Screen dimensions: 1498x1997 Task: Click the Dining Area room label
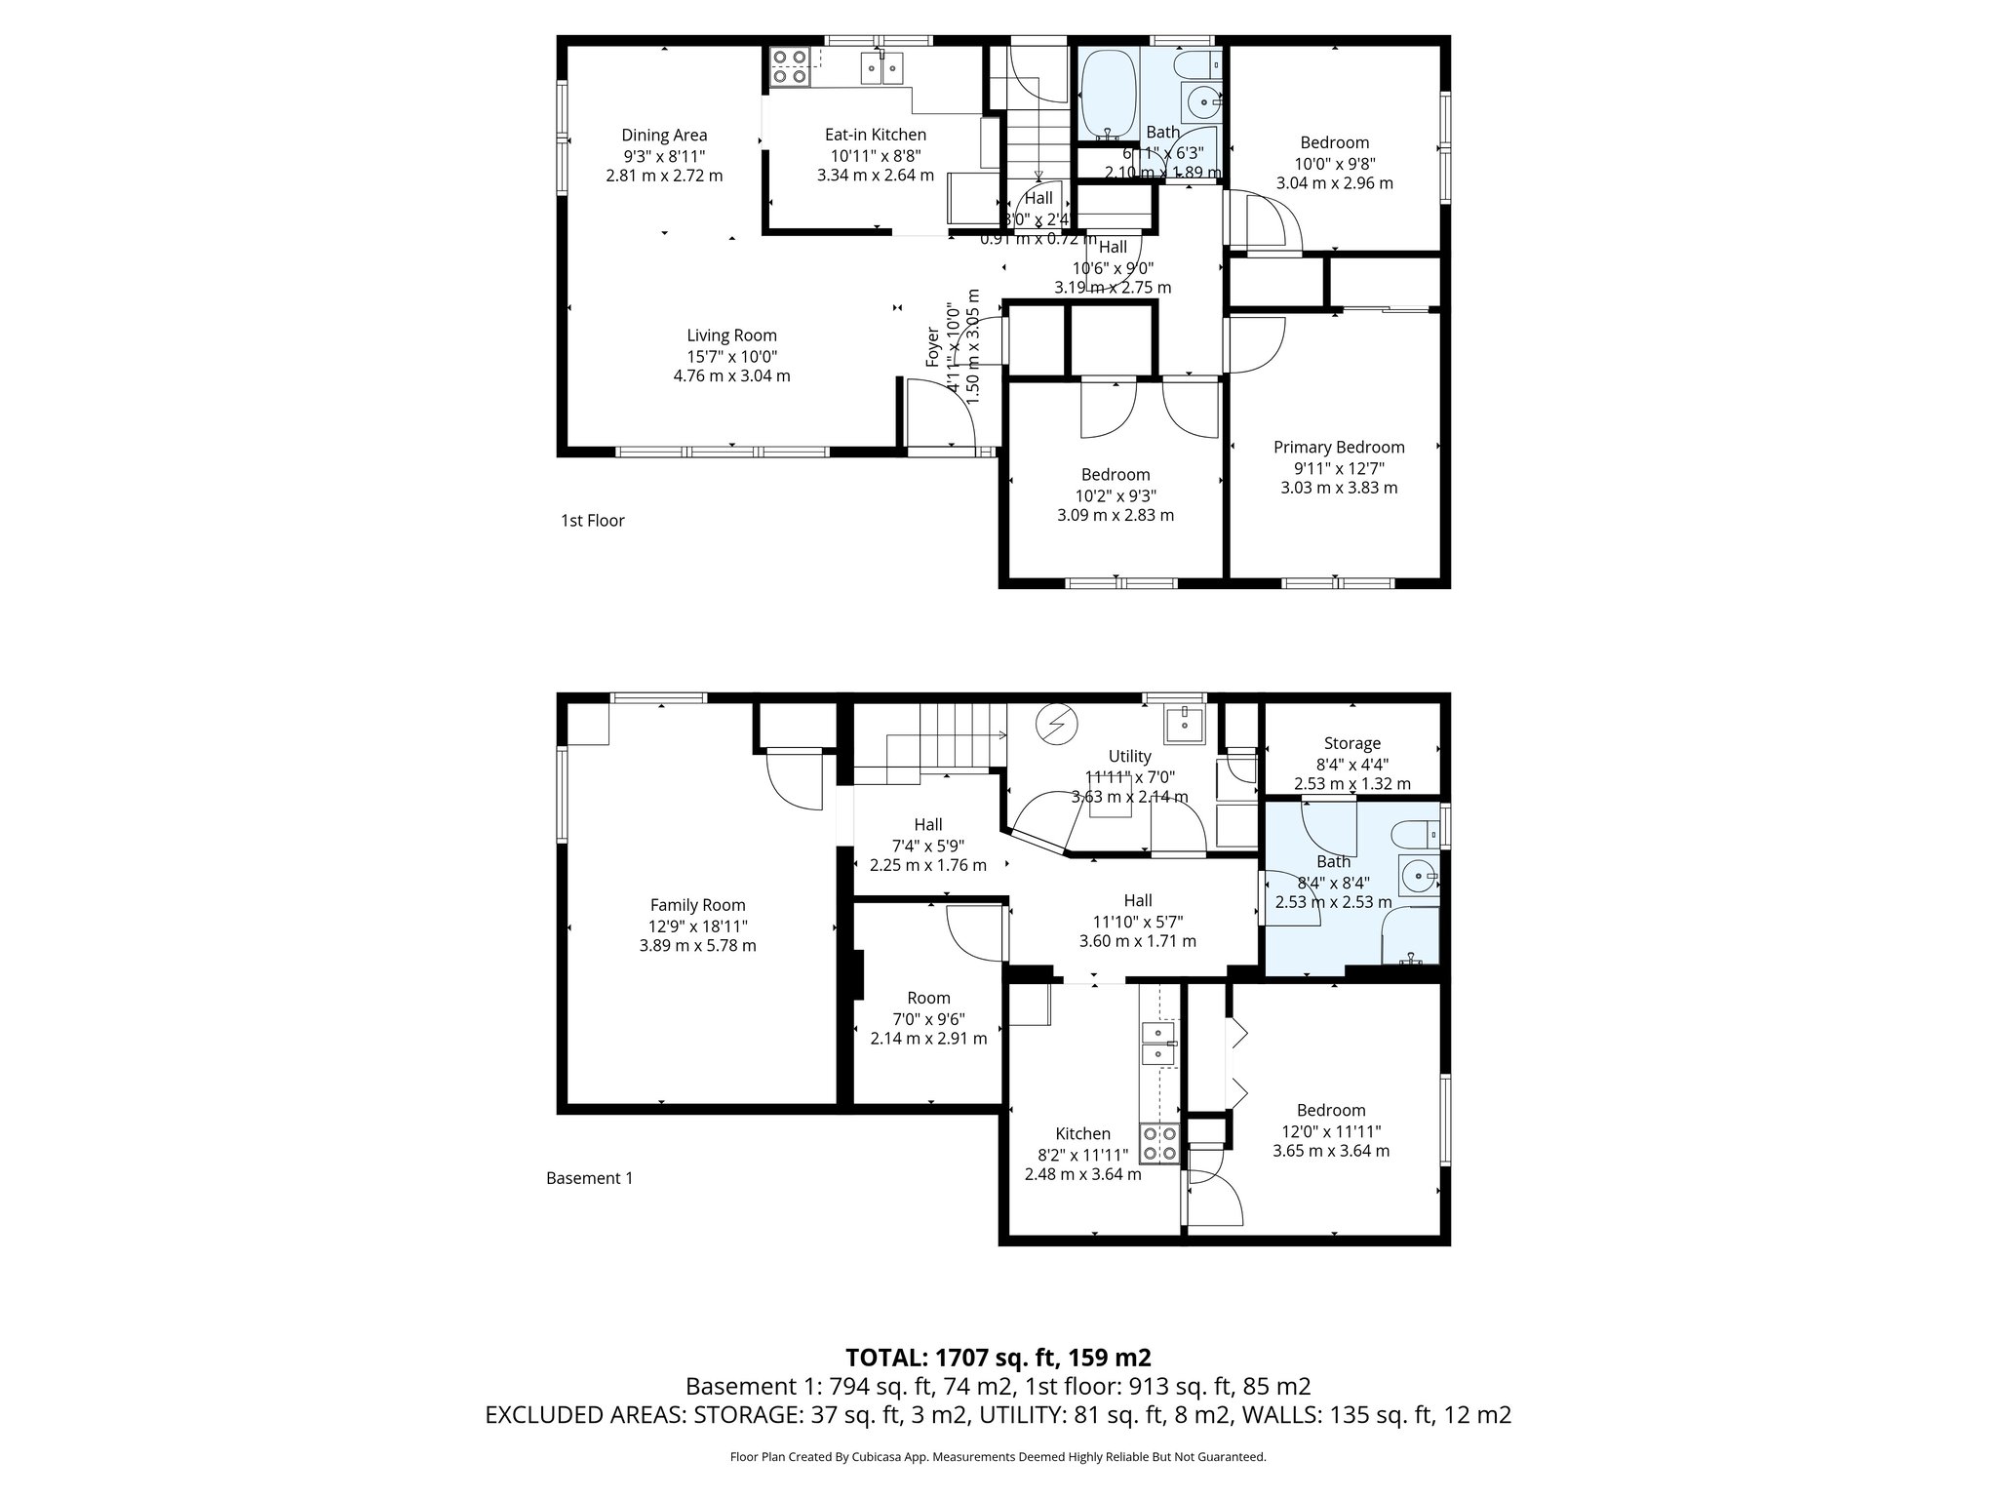[x=664, y=136]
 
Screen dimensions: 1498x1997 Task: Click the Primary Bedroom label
[x=1339, y=447]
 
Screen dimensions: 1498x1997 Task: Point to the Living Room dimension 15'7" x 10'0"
[x=731, y=356]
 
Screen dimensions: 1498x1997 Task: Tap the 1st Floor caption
[x=592, y=521]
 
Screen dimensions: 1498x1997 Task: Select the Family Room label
[x=697, y=905]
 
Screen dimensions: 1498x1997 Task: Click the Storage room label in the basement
[x=1351, y=743]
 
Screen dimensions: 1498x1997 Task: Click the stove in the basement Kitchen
[x=1160, y=1143]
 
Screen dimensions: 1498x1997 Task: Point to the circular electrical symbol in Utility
[x=1057, y=724]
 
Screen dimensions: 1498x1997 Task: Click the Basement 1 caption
[x=589, y=1178]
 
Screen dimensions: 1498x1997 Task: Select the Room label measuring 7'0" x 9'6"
[x=928, y=998]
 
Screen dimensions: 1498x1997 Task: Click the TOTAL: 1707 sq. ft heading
[x=998, y=1358]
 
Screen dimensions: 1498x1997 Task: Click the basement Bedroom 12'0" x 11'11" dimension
[x=1331, y=1130]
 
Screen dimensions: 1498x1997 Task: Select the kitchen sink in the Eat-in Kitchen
[x=200, y=67]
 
